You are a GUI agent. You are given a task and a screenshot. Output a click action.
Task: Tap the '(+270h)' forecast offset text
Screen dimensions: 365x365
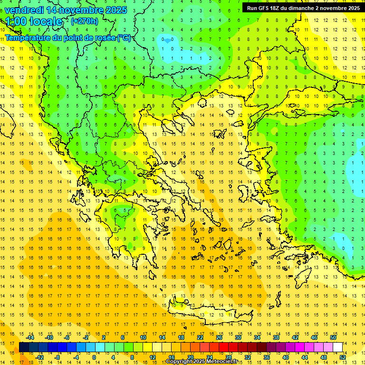click(x=84, y=21)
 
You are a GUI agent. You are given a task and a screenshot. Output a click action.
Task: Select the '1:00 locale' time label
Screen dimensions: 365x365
click(x=34, y=21)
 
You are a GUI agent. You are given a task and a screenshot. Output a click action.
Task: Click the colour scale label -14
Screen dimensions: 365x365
click(x=30, y=337)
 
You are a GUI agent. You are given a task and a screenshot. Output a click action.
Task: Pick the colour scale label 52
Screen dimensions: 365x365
click(x=343, y=357)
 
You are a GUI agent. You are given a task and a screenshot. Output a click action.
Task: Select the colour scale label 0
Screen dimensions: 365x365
click(x=94, y=357)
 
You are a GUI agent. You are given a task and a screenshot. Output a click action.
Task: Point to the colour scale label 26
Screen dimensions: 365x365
click(x=219, y=337)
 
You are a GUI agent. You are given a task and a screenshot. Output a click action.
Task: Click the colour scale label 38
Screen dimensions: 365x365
click(x=276, y=337)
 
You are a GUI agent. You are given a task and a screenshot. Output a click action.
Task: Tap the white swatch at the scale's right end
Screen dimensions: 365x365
click(x=337, y=347)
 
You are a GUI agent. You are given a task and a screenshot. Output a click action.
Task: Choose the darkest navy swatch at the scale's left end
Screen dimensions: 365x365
click(x=24, y=347)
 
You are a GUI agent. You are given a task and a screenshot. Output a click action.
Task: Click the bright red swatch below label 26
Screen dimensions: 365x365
click(x=223, y=347)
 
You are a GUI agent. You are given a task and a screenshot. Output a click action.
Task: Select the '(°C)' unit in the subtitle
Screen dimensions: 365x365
click(x=124, y=38)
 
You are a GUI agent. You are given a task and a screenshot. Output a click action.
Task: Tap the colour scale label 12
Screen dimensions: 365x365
click(x=153, y=357)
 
